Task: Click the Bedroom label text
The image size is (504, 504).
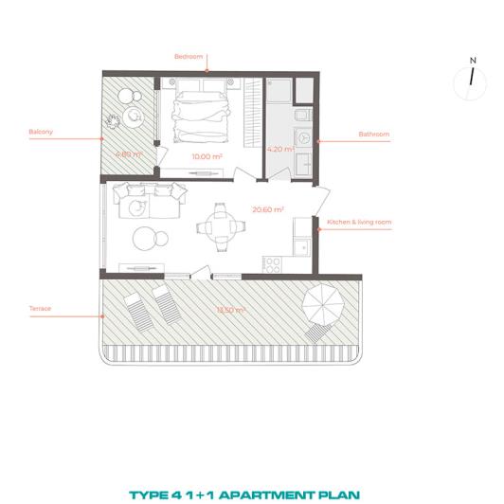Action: pos(189,57)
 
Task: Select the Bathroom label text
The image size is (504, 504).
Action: pos(374,135)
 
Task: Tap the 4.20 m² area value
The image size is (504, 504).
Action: pos(280,149)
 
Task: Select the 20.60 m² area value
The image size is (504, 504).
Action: pos(268,208)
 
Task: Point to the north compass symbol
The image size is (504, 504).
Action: pos(471,76)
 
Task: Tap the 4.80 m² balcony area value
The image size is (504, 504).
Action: pos(128,153)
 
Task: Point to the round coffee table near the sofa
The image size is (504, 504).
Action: pos(146,237)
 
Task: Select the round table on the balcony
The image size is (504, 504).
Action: pos(133,117)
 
